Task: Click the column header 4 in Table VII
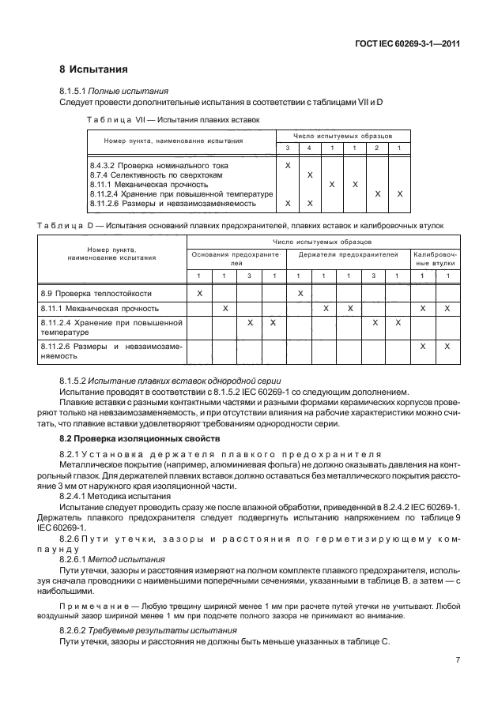(x=309, y=148)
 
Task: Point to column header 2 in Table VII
(x=377, y=148)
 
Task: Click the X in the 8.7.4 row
(x=309, y=175)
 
